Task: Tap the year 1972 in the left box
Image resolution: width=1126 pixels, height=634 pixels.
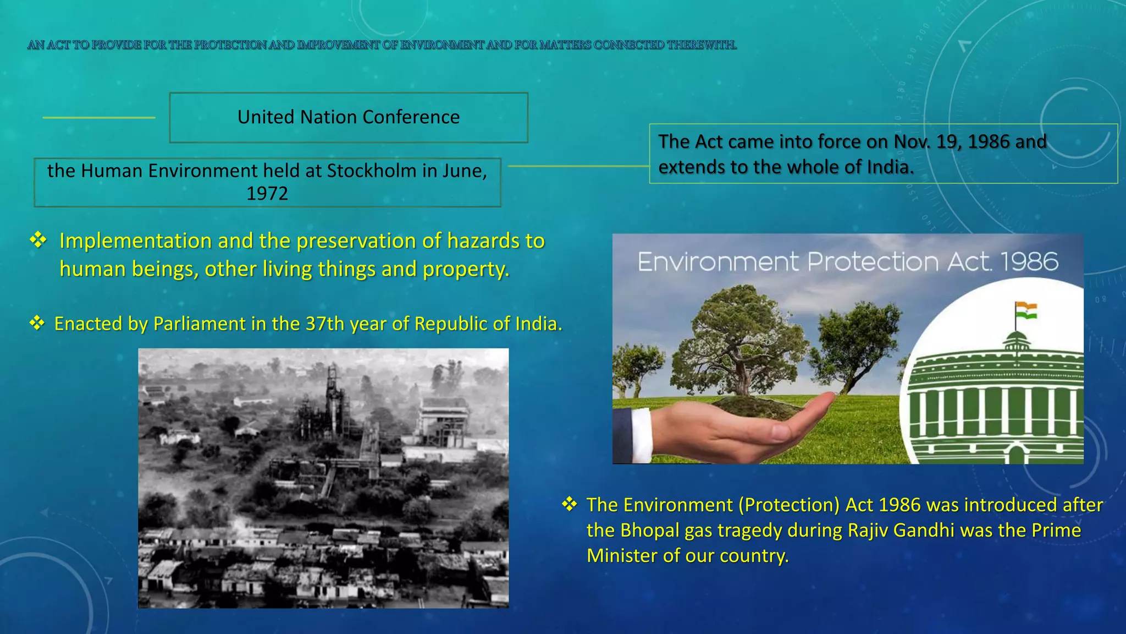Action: point(267,194)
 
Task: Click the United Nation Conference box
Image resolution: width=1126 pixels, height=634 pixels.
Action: point(349,117)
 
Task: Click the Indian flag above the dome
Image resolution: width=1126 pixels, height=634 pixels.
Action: point(1025,310)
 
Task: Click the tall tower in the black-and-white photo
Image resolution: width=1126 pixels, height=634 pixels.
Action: point(332,393)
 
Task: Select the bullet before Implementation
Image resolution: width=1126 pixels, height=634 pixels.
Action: point(38,240)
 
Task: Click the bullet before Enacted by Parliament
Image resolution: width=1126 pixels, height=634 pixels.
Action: point(37,323)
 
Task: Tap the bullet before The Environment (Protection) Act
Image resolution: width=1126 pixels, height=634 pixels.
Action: point(569,504)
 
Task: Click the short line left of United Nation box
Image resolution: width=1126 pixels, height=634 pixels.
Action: point(99,117)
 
